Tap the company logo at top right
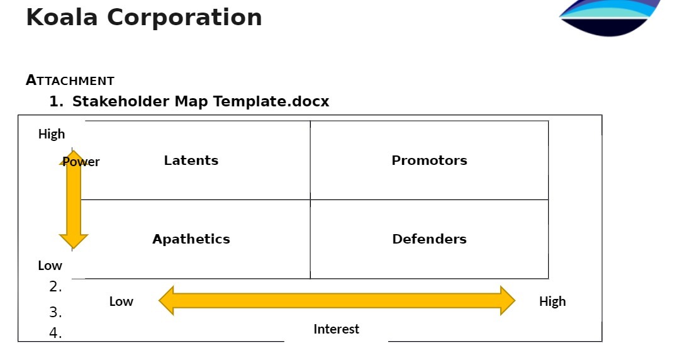(x=609, y=16)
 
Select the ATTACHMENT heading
(x=70, y=81)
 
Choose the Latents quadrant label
(x=191, y=160)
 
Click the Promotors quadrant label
(x=429, y=160)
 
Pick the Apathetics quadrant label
(x=191, y=239)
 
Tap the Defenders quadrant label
(x=429, y=239)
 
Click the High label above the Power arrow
(x=52, y=134)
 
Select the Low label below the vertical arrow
(x=50, y=266)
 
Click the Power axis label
(x=82, y=162)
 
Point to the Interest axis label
(x=336, y=329)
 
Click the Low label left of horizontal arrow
(x=121, y=301)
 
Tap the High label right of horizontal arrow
(x=552, y=301)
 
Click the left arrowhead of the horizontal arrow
(x=167, y=300)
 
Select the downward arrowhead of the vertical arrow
(x=73, y=241)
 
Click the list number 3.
(x=55, y=312)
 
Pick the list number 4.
(x=55, y=334)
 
